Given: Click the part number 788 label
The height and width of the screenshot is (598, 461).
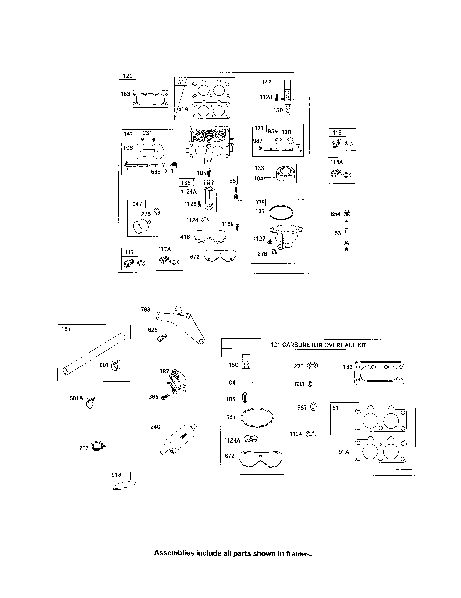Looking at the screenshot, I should point(145,309).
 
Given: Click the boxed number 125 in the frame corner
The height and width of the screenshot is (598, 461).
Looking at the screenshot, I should point(127,76).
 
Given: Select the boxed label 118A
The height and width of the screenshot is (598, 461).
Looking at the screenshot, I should point(337,162).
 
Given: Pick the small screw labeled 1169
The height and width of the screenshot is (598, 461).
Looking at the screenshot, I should point(237,226).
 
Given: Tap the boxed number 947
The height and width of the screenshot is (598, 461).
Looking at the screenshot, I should point(137,204).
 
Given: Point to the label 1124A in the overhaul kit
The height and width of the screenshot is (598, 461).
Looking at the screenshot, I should point(232,440).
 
